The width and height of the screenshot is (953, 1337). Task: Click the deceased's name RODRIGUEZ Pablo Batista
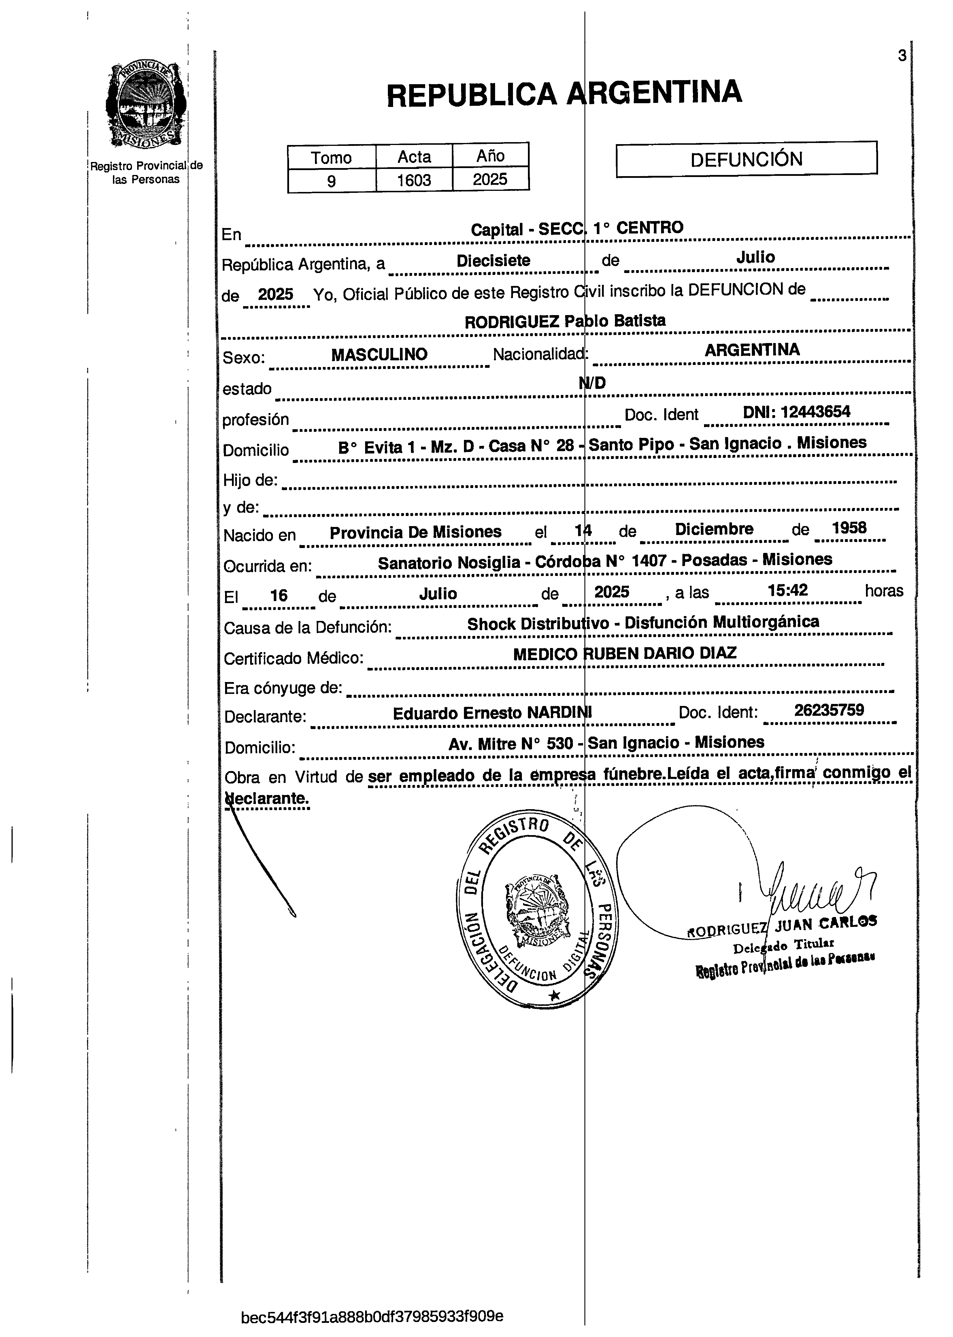coord(565,321)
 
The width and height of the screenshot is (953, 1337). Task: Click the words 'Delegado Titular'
coord(784,945)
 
